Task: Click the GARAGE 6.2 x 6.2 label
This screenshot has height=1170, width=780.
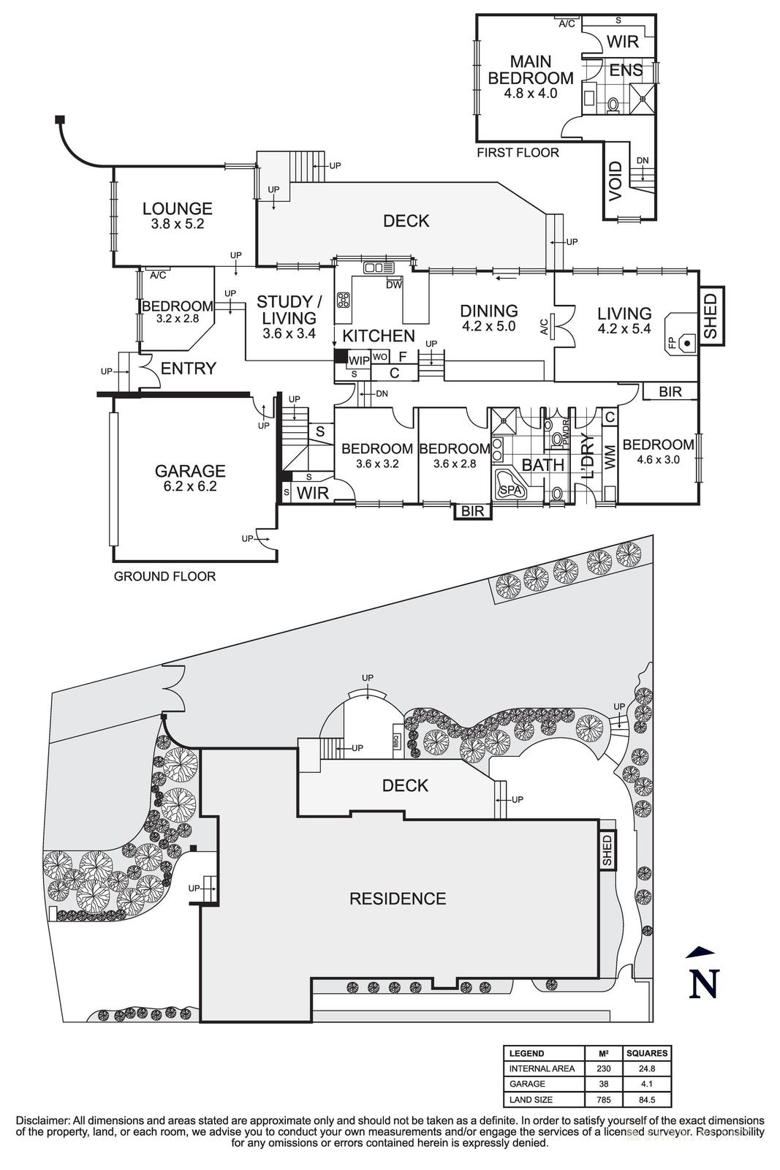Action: tap(189, 478)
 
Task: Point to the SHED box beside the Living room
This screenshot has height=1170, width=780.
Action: tap(711, 316)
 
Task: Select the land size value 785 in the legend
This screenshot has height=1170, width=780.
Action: tap(604, 1099)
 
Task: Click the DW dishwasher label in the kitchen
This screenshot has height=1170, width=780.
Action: tap(394, 285)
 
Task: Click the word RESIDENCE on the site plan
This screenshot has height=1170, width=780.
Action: tap(398, 899)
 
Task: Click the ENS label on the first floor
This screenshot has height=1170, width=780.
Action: tap(626, 70)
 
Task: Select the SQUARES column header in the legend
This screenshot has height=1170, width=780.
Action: tap(646, 1053)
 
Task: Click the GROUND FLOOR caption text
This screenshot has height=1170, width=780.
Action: tap(164, 576)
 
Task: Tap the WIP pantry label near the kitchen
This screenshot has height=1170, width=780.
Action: tap(359, 361)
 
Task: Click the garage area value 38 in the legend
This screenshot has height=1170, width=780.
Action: tap(604, 1084)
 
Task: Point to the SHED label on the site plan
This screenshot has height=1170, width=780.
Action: tap(607, 851)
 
